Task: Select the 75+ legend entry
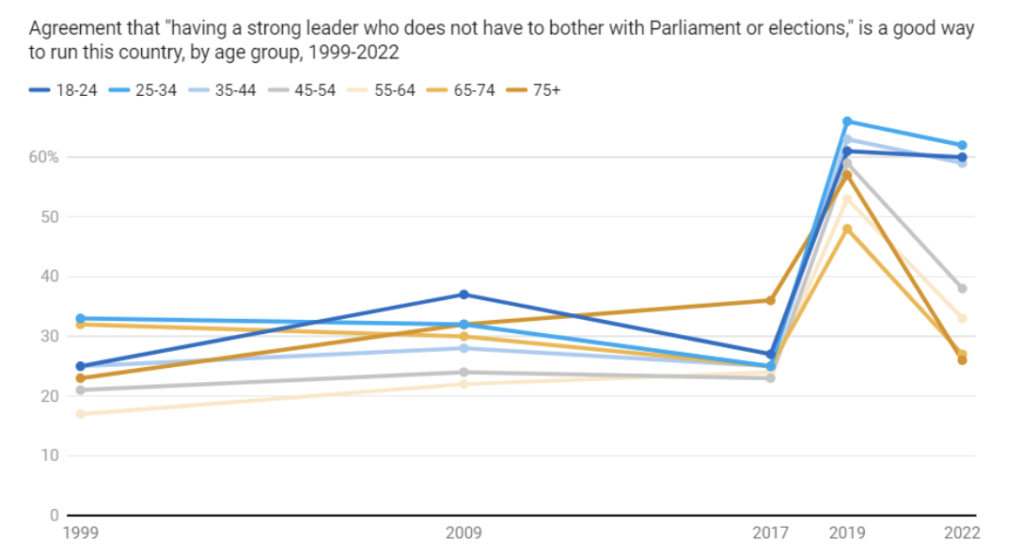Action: click(x=546, y=90)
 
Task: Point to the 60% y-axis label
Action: click(x=43, y=157)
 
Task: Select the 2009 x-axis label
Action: click(x=464, y=534)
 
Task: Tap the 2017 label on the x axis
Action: click(x=771, y=534)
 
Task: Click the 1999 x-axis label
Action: click(x=81, y=534)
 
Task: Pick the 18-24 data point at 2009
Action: click(x=464, y=295)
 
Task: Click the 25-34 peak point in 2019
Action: click(x=847, y=121)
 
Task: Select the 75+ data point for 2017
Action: click(x=771, y=300)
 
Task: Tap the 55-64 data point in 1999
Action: click(x=81, y=414)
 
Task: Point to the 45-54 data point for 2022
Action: click(x=962, y=288)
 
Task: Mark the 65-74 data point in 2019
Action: click(x=847, y=229)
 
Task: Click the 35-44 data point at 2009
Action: click(x=464, y=348)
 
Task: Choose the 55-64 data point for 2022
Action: click(x=962, y=318)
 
